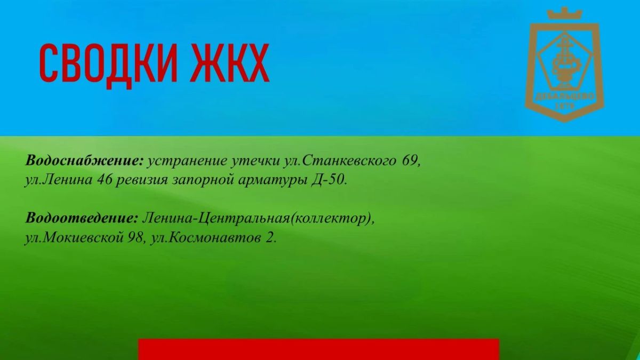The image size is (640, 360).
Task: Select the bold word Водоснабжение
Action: click(x=84, y=161)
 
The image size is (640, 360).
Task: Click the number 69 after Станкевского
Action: click(x=411, y=161)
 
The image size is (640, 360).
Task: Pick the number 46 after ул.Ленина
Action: click(x=105, y=180)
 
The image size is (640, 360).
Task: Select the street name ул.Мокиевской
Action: click(x=74, y=238)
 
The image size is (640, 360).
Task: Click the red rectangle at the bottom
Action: click(x=318, y=349)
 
